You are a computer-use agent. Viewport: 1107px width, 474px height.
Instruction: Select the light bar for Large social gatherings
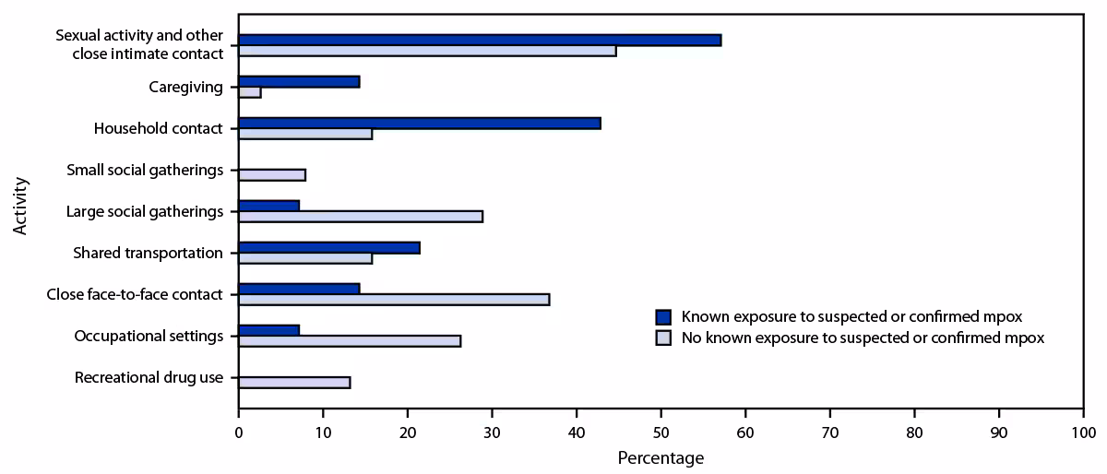pos(361,216)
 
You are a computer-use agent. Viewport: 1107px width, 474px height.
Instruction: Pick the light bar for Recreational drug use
pos(294,382)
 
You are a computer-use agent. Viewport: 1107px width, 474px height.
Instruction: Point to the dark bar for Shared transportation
pos(329,247)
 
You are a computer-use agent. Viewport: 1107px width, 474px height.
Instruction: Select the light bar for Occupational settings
pos(350,340)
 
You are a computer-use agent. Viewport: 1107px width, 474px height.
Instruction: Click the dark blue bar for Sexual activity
pos(480,40)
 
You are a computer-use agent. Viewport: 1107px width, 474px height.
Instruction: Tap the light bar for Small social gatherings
pos(272,174)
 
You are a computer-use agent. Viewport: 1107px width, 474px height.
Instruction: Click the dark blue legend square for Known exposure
pos(662,316)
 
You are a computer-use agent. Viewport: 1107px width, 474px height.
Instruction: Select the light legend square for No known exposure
pos(662,338)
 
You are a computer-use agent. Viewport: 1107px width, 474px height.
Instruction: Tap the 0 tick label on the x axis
pos(239,432)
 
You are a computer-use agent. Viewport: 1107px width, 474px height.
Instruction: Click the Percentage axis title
pos(661,457)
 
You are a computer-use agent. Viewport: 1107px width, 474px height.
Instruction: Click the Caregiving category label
pos(185,88)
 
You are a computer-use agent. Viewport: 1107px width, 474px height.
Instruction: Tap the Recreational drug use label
pos(149,378)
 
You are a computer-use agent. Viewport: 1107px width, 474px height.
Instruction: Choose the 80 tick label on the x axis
pos(914,432)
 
